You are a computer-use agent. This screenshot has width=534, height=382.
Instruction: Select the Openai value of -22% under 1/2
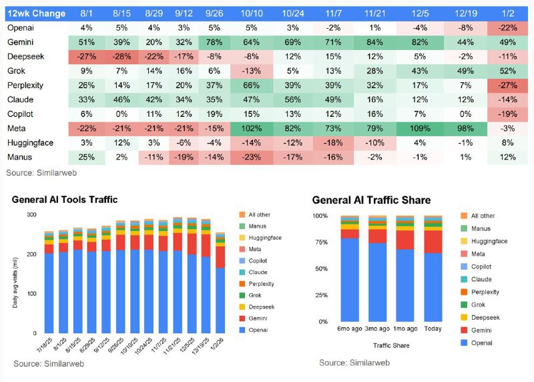[509, 27]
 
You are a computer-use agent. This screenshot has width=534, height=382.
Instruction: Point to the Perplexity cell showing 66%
[251, 85]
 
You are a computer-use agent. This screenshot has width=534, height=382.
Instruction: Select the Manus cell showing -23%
[251, 158]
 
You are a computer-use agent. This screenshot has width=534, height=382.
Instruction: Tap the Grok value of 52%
[509, 71]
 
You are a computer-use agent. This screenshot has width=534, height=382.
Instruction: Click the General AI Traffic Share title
[371, 200]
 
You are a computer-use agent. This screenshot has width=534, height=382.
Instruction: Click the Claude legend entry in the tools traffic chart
[257, 272]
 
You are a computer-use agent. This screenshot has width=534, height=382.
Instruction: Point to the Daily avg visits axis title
[16, 274]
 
